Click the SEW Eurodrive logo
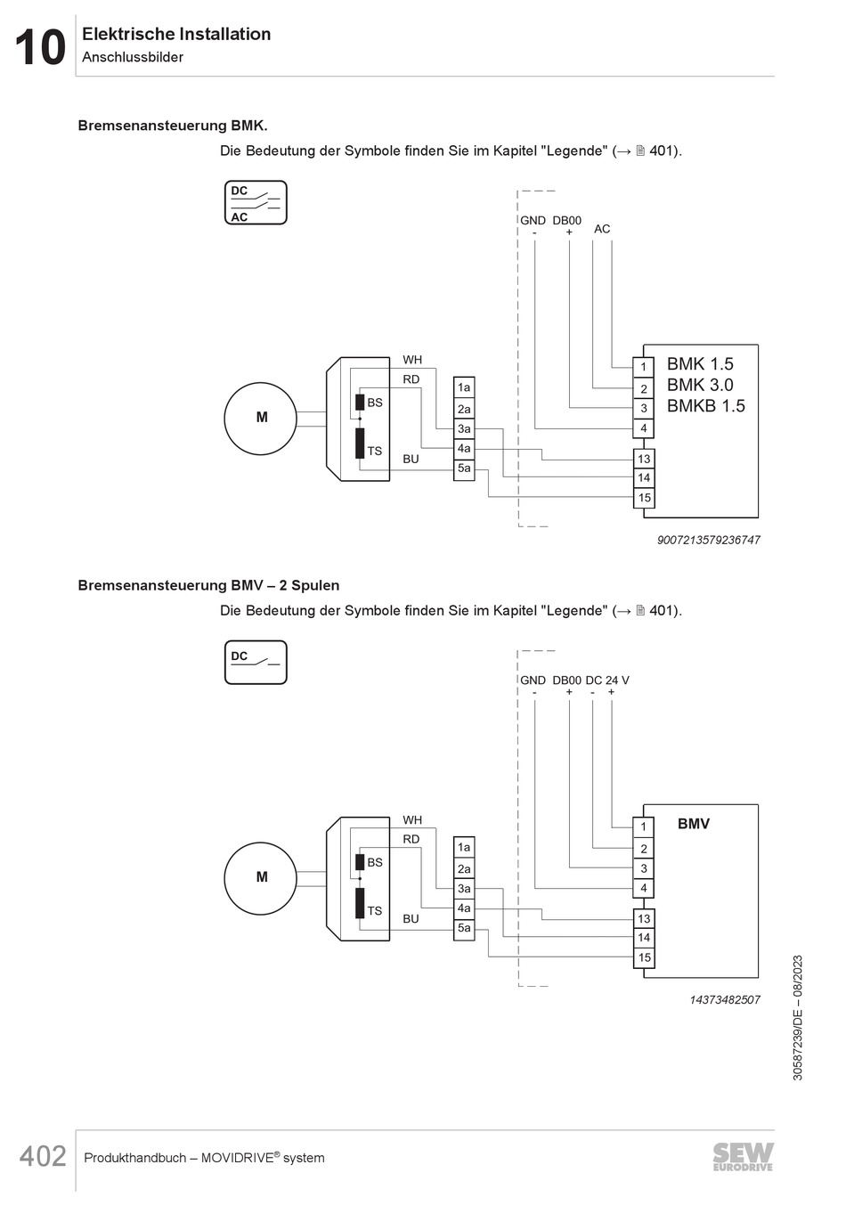(743, 1156)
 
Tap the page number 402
(43, 1156)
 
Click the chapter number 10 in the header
(40, 48)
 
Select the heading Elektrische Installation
(176, 34)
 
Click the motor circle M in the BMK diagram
(261, 417)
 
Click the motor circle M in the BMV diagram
(261, 877)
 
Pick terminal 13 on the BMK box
(644, 459)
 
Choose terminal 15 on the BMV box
(644, 957)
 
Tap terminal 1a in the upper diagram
(464, 387)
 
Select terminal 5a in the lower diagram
(464, 928)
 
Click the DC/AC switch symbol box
(256, 203)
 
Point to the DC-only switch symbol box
(256, 663)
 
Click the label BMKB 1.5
(705, 406)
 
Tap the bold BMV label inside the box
(693, 824)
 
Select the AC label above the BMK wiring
(602, 229)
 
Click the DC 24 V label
(607, 680)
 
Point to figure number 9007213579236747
(709, 540)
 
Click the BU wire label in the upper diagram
(411, 459)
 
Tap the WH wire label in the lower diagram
(412, 819)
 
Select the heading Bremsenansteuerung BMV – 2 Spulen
(208, 585)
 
